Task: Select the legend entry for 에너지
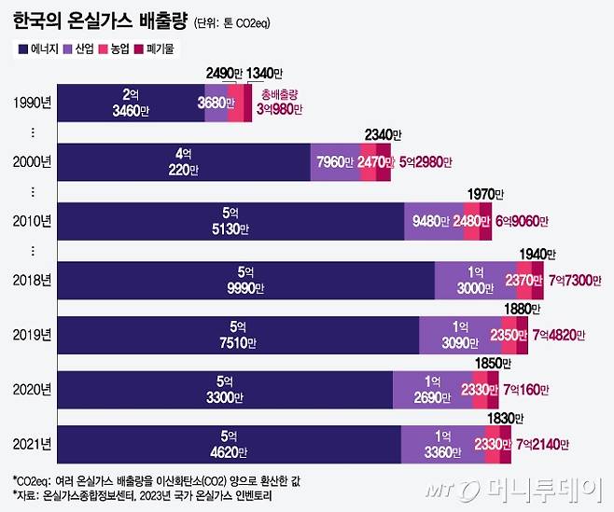pos(40,47)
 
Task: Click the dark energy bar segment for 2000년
pos(183,161)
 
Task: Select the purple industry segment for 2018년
pos(475,281)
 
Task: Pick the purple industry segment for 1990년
pos(216,103)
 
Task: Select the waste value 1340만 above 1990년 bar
pos(266,74)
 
